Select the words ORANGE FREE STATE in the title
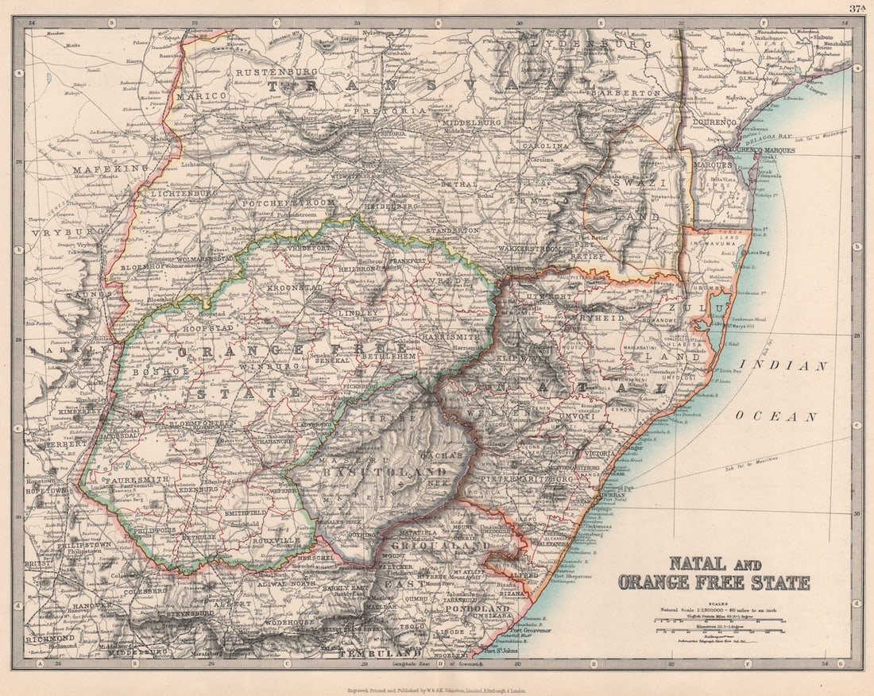[x=714, y=582]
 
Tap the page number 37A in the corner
[x=857, y=9]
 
